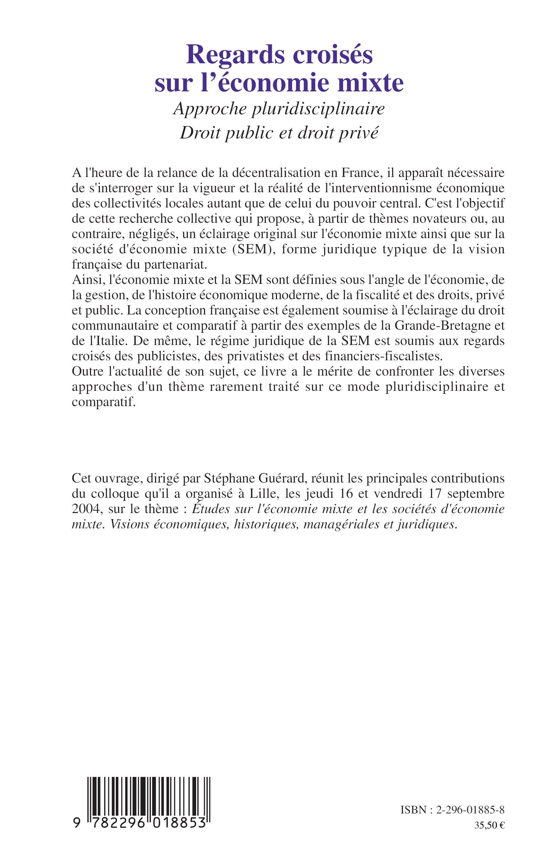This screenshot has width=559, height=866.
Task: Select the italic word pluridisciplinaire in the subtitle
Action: click(318, 109)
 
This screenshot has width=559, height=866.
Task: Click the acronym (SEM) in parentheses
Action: click(258, 249)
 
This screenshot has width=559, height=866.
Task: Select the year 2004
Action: click(86, 509)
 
